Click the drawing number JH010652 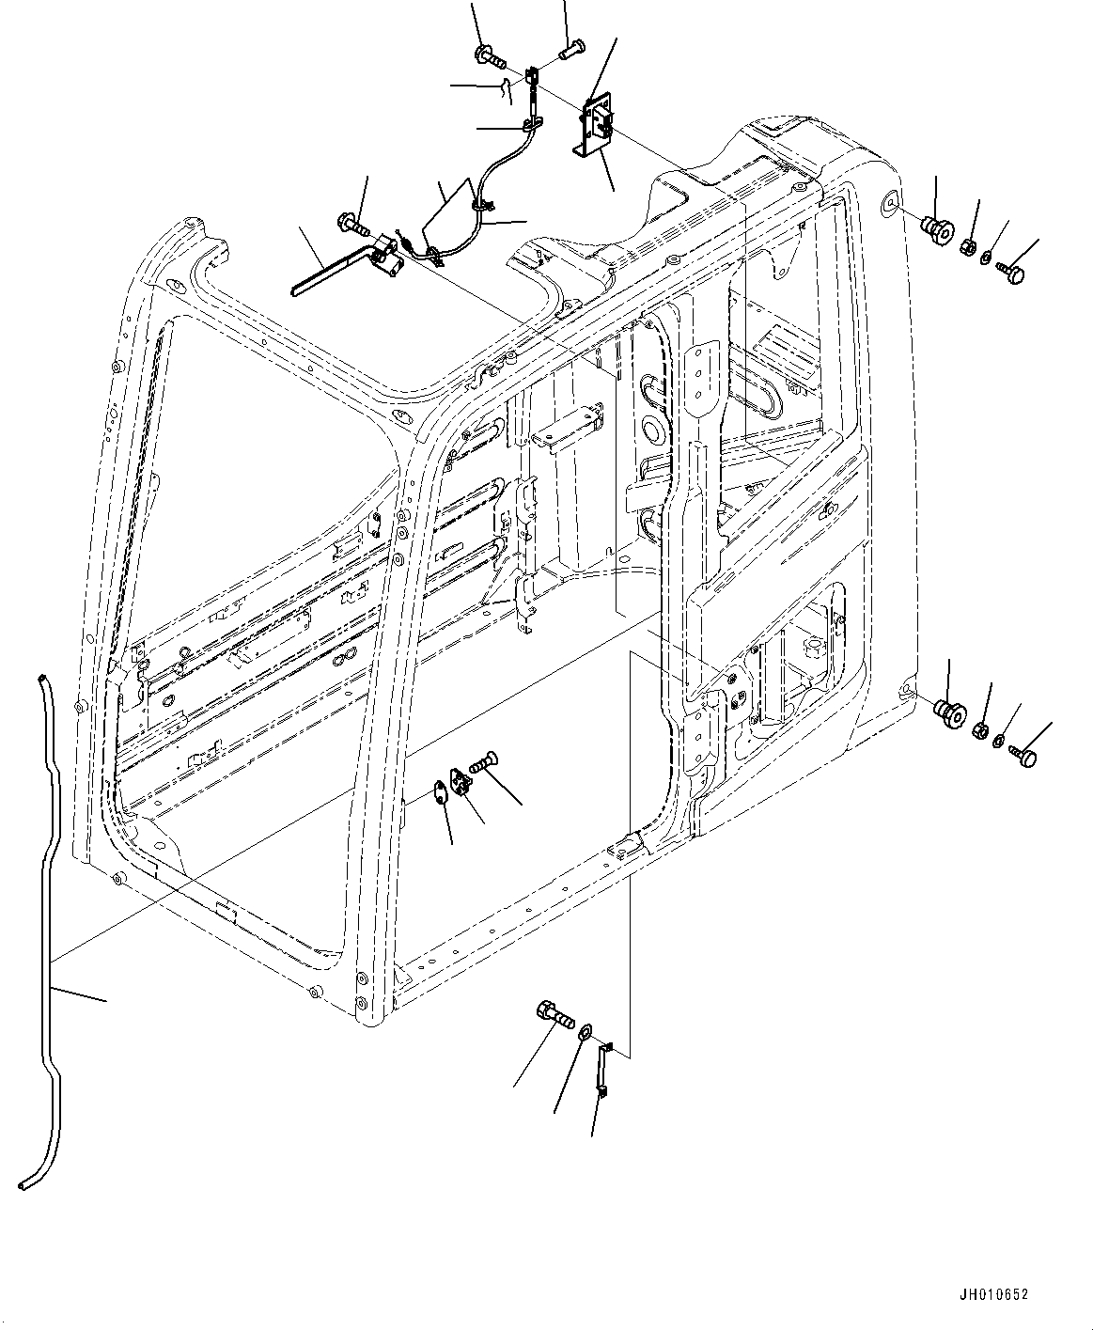coord(992,1294)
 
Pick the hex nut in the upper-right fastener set coord(966,246)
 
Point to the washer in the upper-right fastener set coord(986,258)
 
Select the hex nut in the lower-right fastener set coord(979,729)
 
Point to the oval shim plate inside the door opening coord(441,791)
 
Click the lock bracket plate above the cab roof coord(595,129)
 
